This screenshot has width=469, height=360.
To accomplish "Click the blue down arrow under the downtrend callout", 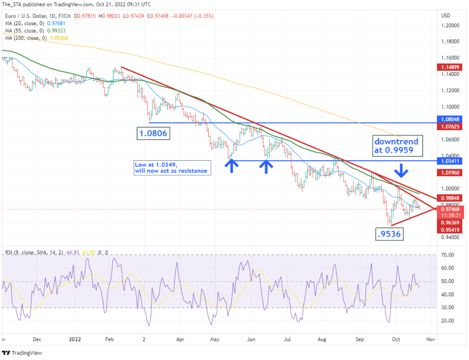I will pyautogui.click(x=402, y=170).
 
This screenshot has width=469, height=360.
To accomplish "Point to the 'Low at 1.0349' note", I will pyautogui.click(x=171, y=168).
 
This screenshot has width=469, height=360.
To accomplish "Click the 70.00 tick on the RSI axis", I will pyautogui.click(x=448, y=255).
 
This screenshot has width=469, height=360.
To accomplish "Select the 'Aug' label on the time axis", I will pyautogui.click(x=322, y=339).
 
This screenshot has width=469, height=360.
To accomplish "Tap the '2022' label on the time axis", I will pyautogui.click(x=75, y=339).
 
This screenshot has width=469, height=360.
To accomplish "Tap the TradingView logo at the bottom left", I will pyautogui.click(x=22, y=353).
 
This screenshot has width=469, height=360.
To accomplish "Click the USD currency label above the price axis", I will pyautogui.click(x=445, y=15).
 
